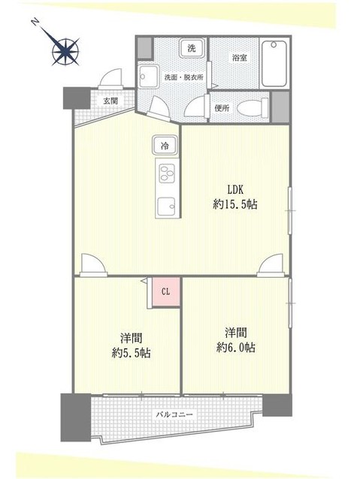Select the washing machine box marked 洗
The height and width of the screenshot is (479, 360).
[x=192, y=48]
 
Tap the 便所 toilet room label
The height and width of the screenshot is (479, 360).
[x=221, y=108]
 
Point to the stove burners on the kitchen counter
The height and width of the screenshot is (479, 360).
[x=165, y=173]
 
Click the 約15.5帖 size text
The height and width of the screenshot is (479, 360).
[x=234, y=204]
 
